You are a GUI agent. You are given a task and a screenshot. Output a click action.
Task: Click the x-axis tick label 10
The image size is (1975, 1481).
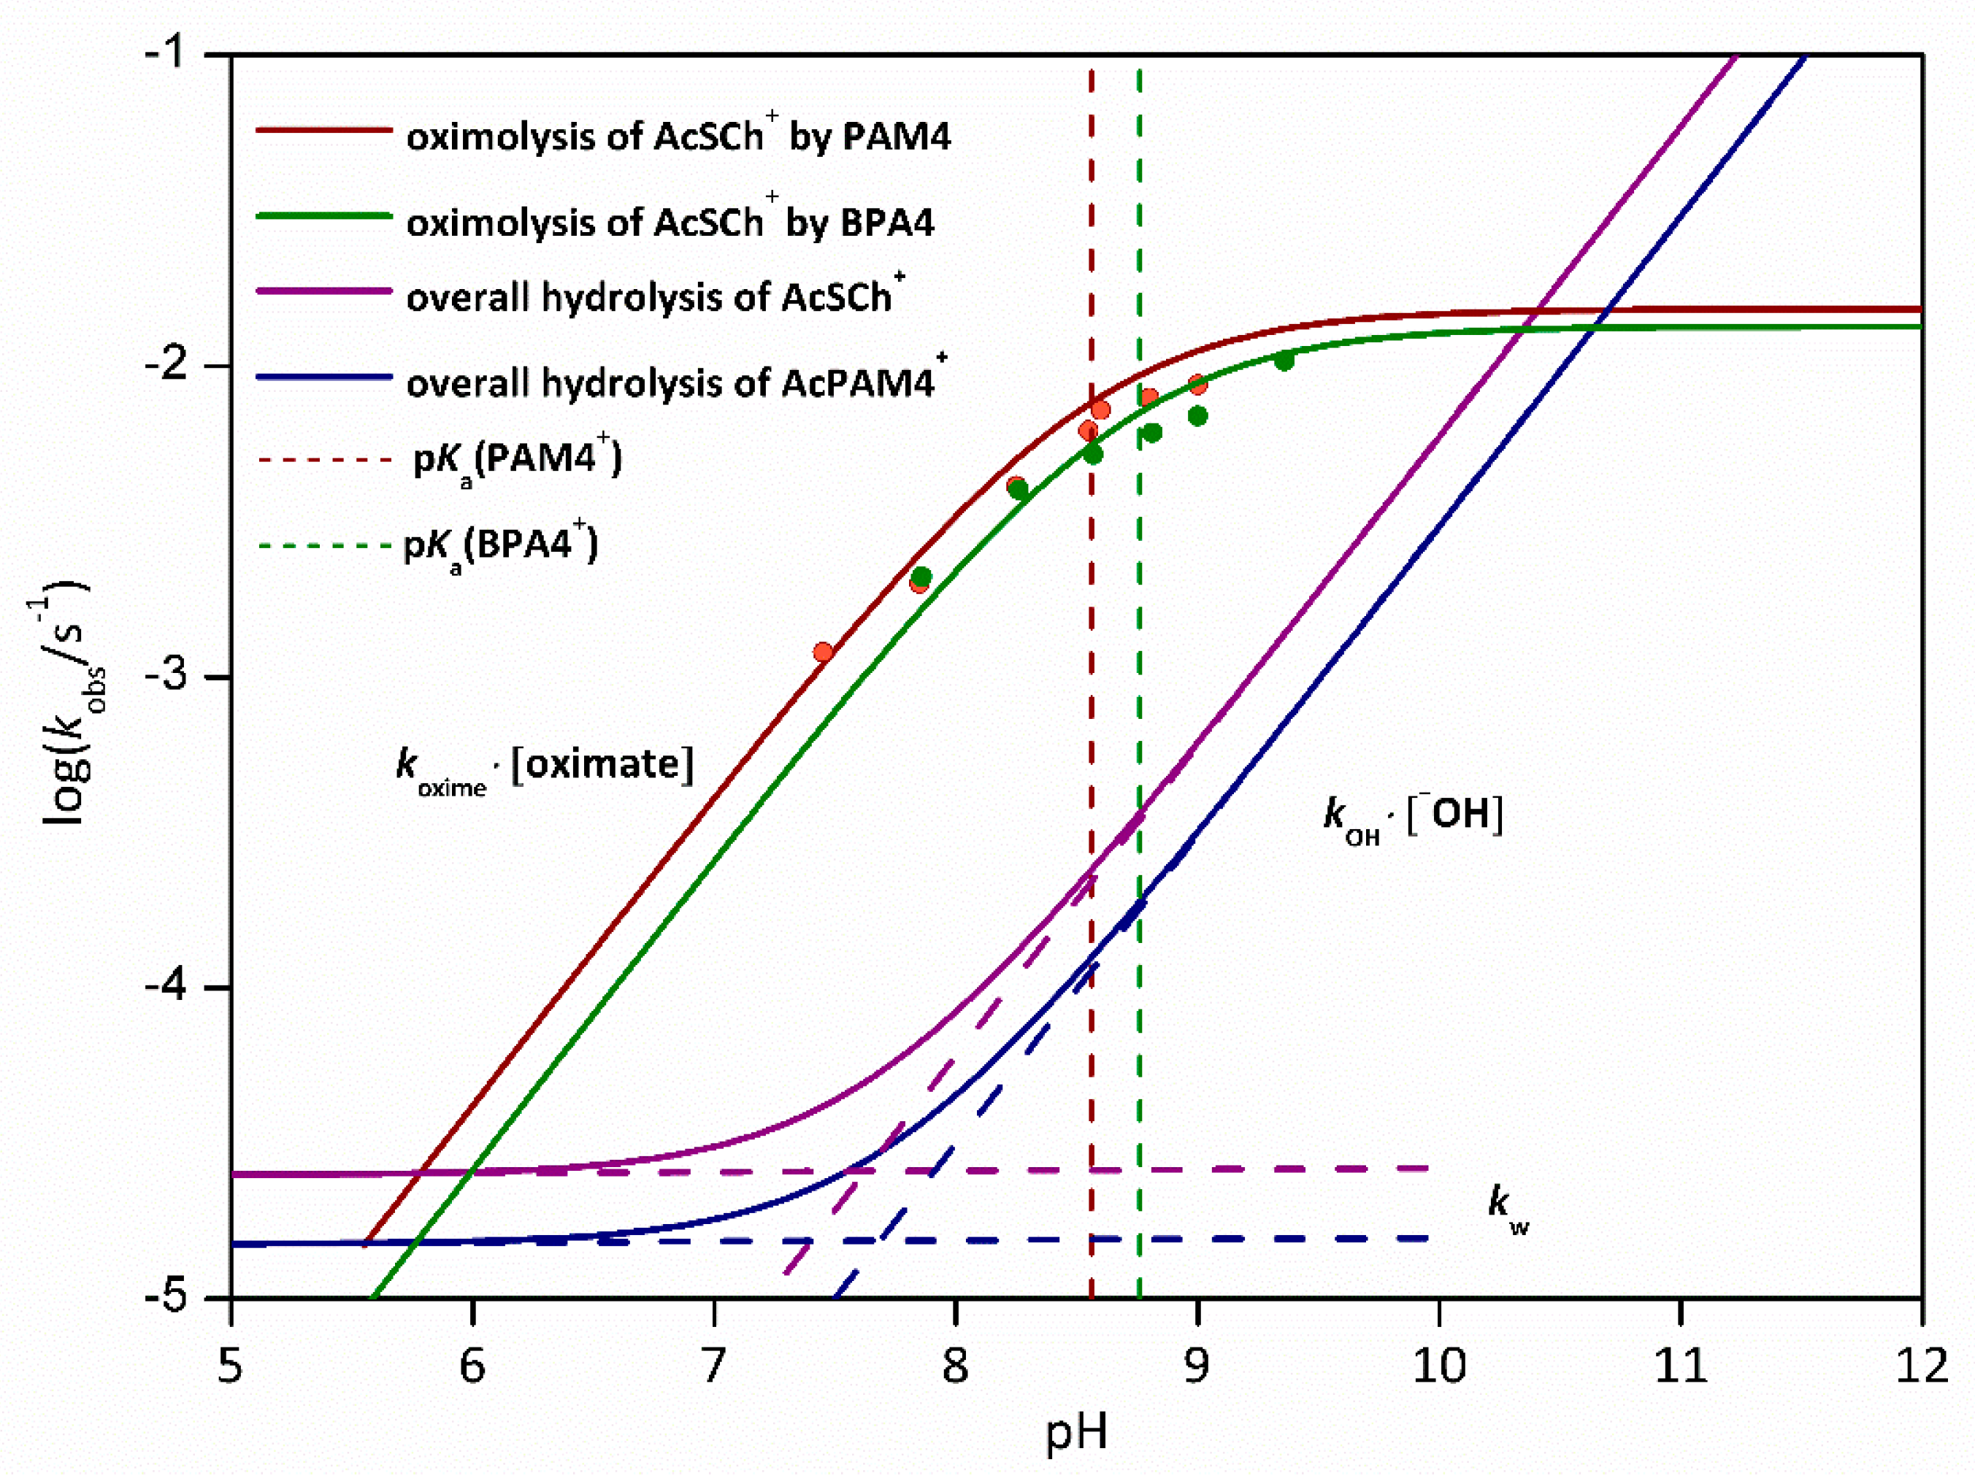tap(1439, 1366)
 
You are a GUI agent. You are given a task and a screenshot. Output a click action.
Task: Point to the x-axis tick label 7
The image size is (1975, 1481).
tap(713, 1366)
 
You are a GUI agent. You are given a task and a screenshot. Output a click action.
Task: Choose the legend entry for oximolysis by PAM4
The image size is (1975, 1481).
tap(678, 136)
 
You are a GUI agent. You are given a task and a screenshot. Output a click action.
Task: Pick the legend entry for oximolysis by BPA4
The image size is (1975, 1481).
tap(670, 221)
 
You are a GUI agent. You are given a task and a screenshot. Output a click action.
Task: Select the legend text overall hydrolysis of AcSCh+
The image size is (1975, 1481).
tap(656, 296)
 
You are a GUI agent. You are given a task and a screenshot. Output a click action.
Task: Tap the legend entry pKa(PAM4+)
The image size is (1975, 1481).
tap(517, 459)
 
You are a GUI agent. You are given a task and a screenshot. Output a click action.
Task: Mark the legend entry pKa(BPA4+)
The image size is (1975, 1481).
tap(500, 545)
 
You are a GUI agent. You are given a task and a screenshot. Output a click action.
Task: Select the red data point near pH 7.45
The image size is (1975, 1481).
tap(823, 653)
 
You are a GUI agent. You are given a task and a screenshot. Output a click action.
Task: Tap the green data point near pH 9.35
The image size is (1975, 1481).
tap(1284, 361)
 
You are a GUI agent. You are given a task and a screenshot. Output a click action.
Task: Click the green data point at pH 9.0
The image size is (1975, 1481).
tap(1198, 416)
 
